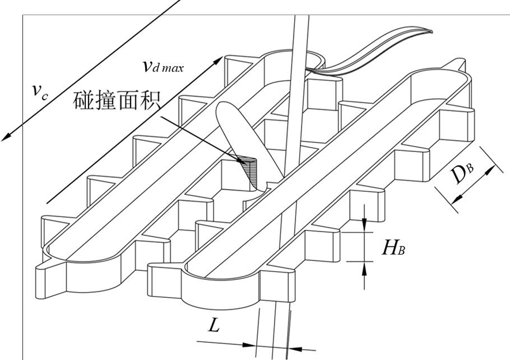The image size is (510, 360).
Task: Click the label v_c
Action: click(x=40, y=92)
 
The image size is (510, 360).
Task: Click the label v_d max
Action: click(x=163, y=66)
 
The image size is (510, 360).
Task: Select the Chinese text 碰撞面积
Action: click(x=117, y=101)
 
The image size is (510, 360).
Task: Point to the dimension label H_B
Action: click(x=393, y=248)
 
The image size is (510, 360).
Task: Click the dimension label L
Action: click(x=214, y=325)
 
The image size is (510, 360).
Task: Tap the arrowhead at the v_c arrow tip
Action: click(x=7, y=136)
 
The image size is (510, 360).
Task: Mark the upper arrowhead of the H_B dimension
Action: click(x=364, y=225)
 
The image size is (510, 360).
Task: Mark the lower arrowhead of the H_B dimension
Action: click(x=364, y=269)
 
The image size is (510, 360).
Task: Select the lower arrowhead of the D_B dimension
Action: click(x=457, y=198)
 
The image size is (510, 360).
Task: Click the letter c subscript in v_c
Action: click(x=45, y=96)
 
